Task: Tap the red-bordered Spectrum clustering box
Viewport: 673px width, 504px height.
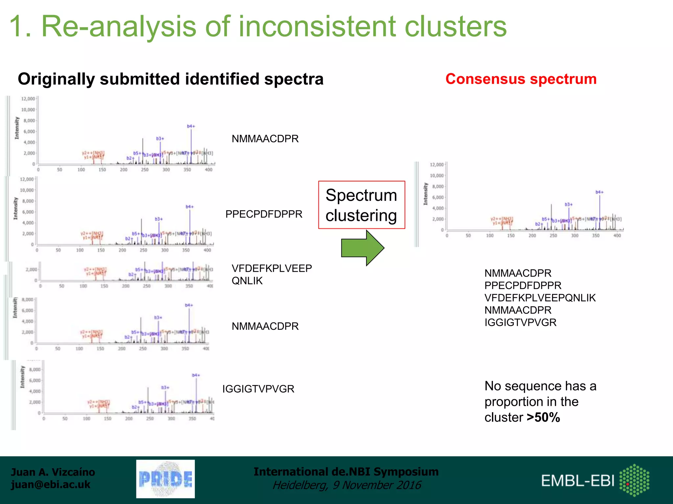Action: [361, 205]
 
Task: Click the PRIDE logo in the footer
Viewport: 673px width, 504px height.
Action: [165, 479]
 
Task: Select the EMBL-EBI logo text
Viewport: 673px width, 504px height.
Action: [578, 481]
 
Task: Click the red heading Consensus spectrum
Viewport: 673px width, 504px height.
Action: [521, 79]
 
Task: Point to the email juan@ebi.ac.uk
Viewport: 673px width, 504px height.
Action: [51, 485]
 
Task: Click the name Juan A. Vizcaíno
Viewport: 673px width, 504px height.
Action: [53, 472]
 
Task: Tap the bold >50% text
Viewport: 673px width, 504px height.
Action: [543, 417]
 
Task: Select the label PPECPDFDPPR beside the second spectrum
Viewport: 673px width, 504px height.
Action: [264, 214]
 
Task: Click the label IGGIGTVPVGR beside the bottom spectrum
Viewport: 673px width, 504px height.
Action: [258, 389]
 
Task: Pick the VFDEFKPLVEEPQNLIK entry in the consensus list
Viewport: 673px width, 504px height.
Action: [540, 298]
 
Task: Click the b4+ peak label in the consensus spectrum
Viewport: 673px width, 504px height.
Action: [599, 192]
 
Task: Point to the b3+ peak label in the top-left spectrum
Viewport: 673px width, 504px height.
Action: [160, 138]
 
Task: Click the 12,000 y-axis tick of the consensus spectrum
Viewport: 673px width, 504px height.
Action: [437, 164]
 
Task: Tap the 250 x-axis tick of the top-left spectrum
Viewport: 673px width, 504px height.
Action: [145, 170]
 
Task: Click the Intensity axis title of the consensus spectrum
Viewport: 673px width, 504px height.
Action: [426, 194]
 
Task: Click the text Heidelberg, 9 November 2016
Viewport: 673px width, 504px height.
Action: [347, 485]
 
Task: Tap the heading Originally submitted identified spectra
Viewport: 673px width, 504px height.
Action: [171, 79]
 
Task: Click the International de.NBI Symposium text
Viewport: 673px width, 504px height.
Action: [346, 472]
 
